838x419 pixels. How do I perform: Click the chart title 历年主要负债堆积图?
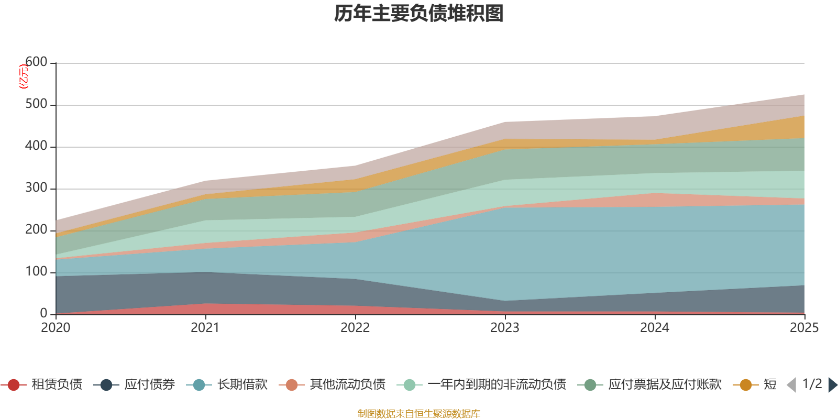click(x=419, y=14)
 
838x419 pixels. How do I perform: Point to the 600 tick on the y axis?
click(x=36, y=62)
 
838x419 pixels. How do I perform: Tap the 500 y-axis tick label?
click(x=36, y=104)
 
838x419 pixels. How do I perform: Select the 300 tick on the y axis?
click(x=36, y=188)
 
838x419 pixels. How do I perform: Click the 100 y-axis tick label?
click(x=36, y=272)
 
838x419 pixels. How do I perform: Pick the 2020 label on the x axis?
click(x=56, y=328)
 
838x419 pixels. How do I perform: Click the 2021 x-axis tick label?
click(x=205, y=328)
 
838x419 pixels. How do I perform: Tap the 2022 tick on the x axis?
click(x=355, y=328)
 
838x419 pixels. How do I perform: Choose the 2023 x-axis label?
click(x=505, y=328)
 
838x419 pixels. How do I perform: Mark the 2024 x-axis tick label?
click(x=655, y=328)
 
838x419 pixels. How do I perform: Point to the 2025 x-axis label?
click(x=803, y=328)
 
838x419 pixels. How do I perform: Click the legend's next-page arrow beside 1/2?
click(x=832, y=385)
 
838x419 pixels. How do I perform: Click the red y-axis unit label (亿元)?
click(x=23, y=77)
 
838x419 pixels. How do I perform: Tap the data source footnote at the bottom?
click(x=419, y=414)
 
